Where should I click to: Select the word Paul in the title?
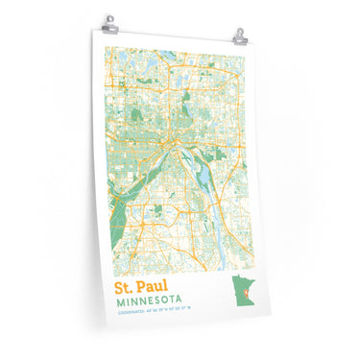pos(159,286)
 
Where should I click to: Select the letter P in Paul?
pos(148,286)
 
